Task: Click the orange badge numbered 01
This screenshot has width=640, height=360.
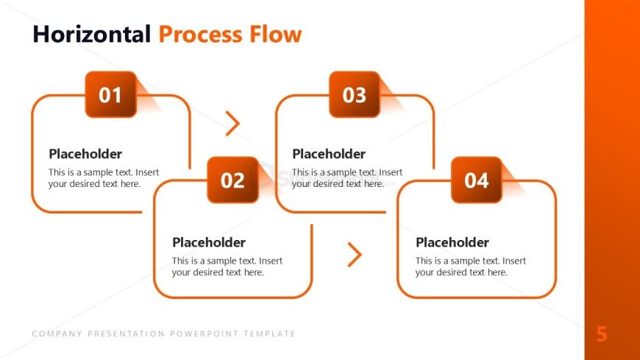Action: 110,95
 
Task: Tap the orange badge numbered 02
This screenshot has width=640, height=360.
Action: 232,180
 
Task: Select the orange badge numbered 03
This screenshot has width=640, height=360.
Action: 354,95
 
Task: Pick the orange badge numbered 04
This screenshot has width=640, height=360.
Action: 476,180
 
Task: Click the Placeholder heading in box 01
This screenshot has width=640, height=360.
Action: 85,154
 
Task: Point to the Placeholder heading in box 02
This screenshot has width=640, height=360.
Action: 209,242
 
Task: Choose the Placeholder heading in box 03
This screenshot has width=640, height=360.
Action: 329,154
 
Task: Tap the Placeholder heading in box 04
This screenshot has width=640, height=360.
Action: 452,242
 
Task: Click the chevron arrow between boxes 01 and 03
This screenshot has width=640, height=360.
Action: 232,124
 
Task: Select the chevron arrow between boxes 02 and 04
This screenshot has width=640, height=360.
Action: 355,254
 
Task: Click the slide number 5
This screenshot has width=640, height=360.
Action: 602,335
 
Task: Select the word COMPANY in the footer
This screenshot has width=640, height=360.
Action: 57,333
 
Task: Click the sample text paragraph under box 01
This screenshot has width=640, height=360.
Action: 104,178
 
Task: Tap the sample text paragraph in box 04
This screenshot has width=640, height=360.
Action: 471,267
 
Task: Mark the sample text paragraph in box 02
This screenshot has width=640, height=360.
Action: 227,267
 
